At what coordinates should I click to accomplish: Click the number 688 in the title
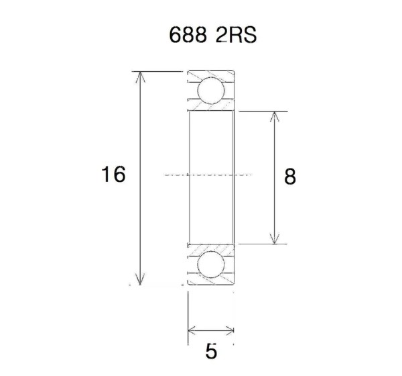tap(188, 35)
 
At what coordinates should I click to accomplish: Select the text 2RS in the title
tap(236, 35)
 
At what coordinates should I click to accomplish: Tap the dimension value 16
tap(113, 174)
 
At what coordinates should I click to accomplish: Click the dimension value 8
tap(290, 177)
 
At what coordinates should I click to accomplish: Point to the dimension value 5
tap(211, 351)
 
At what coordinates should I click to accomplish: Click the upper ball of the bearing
tap(211, 90)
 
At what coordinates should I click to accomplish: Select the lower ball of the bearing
tap(211, 265)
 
